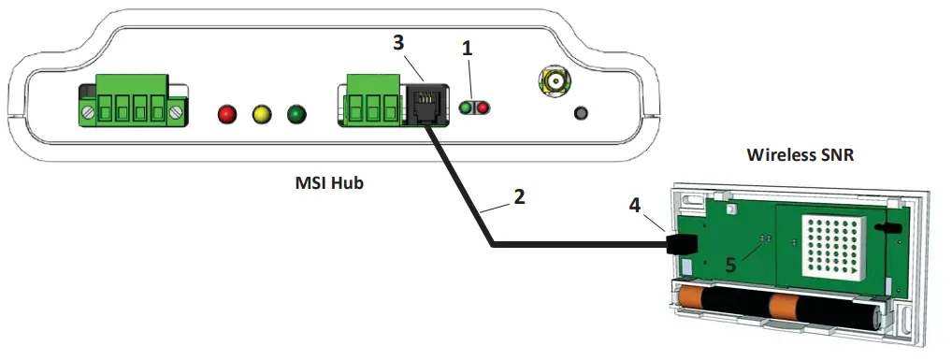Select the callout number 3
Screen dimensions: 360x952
[399, 45]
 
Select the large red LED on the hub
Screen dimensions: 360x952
[226, 114]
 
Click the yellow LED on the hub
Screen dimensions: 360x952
[262, 114]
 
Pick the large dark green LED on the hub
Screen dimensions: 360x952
[297, 114]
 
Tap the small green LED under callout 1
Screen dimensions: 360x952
[466, 108]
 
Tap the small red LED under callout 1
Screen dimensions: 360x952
[483, 108]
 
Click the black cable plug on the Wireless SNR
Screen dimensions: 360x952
[683, 245]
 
